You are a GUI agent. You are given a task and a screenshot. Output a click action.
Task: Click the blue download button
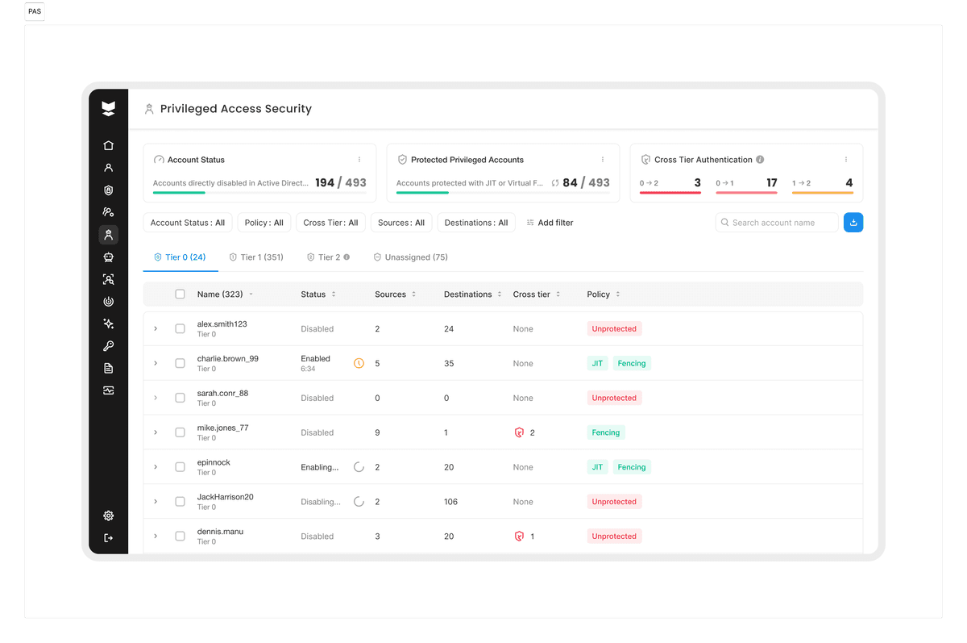[853, 223]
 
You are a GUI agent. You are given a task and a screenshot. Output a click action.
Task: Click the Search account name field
[776, 223]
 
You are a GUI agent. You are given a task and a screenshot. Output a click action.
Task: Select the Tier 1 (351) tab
[256, 257]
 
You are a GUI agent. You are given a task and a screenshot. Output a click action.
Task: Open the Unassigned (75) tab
[410, 257]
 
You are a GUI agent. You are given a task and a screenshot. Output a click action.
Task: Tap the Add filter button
[550, 223]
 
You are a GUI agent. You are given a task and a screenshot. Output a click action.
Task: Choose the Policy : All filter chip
[264, 223]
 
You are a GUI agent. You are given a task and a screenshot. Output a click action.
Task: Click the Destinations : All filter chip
[476, 223]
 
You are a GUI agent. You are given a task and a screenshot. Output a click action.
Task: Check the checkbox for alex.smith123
[180, 329]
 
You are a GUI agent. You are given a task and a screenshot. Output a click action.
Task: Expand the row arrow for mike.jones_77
[156, 432]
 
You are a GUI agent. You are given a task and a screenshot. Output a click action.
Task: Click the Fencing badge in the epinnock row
[632, 467]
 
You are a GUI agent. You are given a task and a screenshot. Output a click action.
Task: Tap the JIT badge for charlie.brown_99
[597, 363]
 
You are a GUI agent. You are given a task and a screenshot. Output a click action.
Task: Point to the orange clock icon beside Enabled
[359, 363]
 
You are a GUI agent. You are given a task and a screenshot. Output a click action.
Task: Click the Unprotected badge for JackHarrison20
[614, 502]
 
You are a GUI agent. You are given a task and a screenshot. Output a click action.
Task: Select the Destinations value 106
[450, 502]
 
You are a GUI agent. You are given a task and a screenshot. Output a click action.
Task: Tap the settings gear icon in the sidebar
[108, 516]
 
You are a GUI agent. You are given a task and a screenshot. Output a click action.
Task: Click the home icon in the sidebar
[108, 145]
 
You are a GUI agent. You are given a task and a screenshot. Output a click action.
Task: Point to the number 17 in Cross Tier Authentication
[771, 183]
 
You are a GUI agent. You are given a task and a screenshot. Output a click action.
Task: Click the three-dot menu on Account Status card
[359, 160]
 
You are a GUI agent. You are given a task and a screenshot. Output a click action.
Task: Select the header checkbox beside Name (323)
[180, 294]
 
